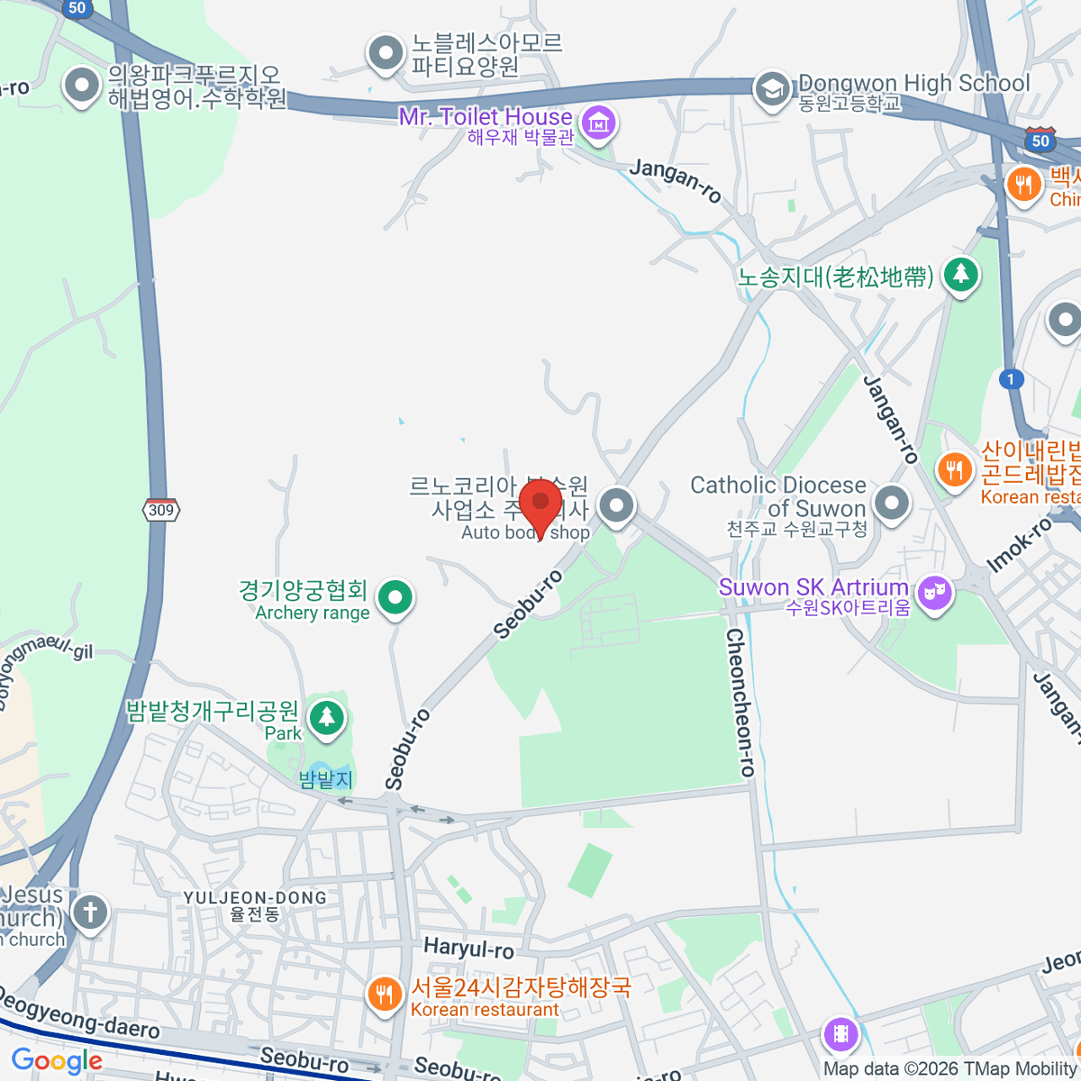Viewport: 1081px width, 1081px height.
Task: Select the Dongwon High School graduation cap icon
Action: click(x=772, y=89)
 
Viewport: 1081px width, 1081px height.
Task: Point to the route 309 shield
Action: click(x=161, y=510)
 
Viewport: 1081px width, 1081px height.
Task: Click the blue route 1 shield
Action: click(x=1011, y=379)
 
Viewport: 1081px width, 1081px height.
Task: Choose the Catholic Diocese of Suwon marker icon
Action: click(x=892, y=503)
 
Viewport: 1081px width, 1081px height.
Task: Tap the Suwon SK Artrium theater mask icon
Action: click(x=935, y=593)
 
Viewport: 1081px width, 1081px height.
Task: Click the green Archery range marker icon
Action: click(x=395, y=596)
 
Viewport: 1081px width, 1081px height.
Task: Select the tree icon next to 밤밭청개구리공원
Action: click(x=326, y=717)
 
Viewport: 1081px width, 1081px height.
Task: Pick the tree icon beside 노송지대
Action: click(x=961, y=274)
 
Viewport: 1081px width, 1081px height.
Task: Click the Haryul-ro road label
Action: click(x=468, y=949)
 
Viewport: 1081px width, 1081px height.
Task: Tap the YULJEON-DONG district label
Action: click(x=255, y=905)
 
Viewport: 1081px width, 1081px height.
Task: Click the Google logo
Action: click(x=57, y=1061)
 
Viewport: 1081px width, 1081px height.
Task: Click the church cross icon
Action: click(x=90, y=913)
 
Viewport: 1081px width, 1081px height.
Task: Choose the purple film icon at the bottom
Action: click(x=840, y=1034)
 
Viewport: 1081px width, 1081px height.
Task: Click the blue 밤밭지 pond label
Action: click(x=325, y=779)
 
